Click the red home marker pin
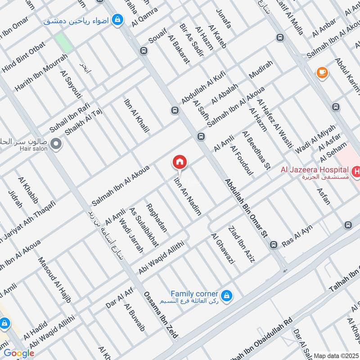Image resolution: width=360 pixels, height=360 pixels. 180,162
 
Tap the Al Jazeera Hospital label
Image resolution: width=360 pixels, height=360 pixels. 315,170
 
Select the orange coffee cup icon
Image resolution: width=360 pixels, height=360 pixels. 322,72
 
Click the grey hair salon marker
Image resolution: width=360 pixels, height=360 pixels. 56,144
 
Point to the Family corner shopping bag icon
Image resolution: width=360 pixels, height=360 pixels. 227,294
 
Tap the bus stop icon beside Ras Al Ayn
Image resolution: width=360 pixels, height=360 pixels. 274,245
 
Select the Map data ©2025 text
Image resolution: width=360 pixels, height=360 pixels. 336,355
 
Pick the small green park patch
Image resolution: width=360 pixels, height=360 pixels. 63,43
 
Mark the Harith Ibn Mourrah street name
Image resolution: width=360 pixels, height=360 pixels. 41,73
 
